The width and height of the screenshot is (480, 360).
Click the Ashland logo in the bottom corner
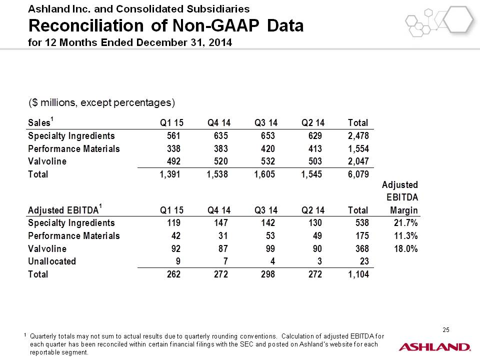(x=434, y=347)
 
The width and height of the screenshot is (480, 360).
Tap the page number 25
(x=445, y=329)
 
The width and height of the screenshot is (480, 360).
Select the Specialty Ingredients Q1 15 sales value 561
(x=173, y=135)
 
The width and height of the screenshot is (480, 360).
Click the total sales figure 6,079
(x=358, y=174)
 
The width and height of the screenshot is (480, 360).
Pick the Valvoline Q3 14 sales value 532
(x=268, y=161)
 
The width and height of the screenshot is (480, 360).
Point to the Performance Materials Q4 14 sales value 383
(x=220, y=148)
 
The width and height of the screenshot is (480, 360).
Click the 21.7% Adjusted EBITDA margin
(x=405, y=223)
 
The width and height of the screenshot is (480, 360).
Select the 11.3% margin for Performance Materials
(x=405, y=235)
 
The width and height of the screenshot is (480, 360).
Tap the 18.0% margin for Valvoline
(x=405, y=248)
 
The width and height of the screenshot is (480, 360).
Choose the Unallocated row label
(x=52, y=261)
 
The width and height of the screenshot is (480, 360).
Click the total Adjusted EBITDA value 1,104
(x=358, y=274)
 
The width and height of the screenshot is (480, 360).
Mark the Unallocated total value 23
(x=364, y=261)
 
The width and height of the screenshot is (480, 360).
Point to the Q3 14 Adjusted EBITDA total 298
(x=268, y=274)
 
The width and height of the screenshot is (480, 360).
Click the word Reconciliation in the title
(x=86, y=25)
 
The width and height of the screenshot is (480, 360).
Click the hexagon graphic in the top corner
(x=439, y=21)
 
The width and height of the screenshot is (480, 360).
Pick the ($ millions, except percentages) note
(x=101, y=102)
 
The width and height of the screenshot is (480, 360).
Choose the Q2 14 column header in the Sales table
(x=313, y=123)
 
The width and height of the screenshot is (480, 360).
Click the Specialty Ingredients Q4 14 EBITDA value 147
(x=220, y=223)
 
